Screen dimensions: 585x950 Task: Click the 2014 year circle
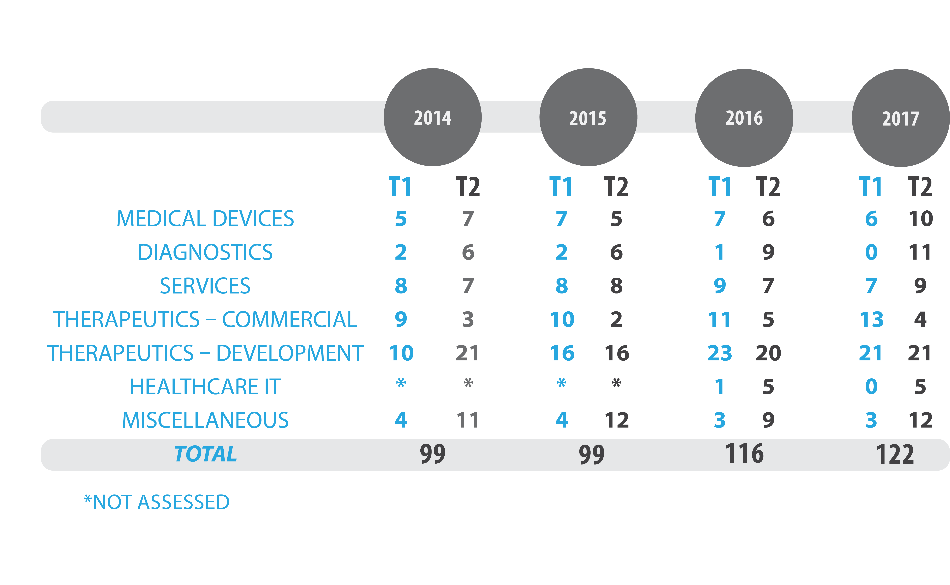[432, 117]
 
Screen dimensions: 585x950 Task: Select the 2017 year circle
[900, 118]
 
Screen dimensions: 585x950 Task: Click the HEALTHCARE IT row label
[205, 386]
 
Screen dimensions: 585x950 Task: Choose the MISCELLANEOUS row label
[205, 420]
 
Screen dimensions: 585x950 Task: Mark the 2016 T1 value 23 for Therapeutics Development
[719, 353]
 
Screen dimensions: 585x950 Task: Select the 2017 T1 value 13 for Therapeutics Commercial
[871, 320]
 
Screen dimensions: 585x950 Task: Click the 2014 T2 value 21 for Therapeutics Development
[467, 353]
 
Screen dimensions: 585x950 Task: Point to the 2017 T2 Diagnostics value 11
[920, 252]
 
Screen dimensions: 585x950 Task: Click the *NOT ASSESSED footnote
[157, 502]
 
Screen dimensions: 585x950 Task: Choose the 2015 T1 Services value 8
[561, 286]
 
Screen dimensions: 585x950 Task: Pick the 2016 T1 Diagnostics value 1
[719, 252]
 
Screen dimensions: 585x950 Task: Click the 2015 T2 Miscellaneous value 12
[617, 420]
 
